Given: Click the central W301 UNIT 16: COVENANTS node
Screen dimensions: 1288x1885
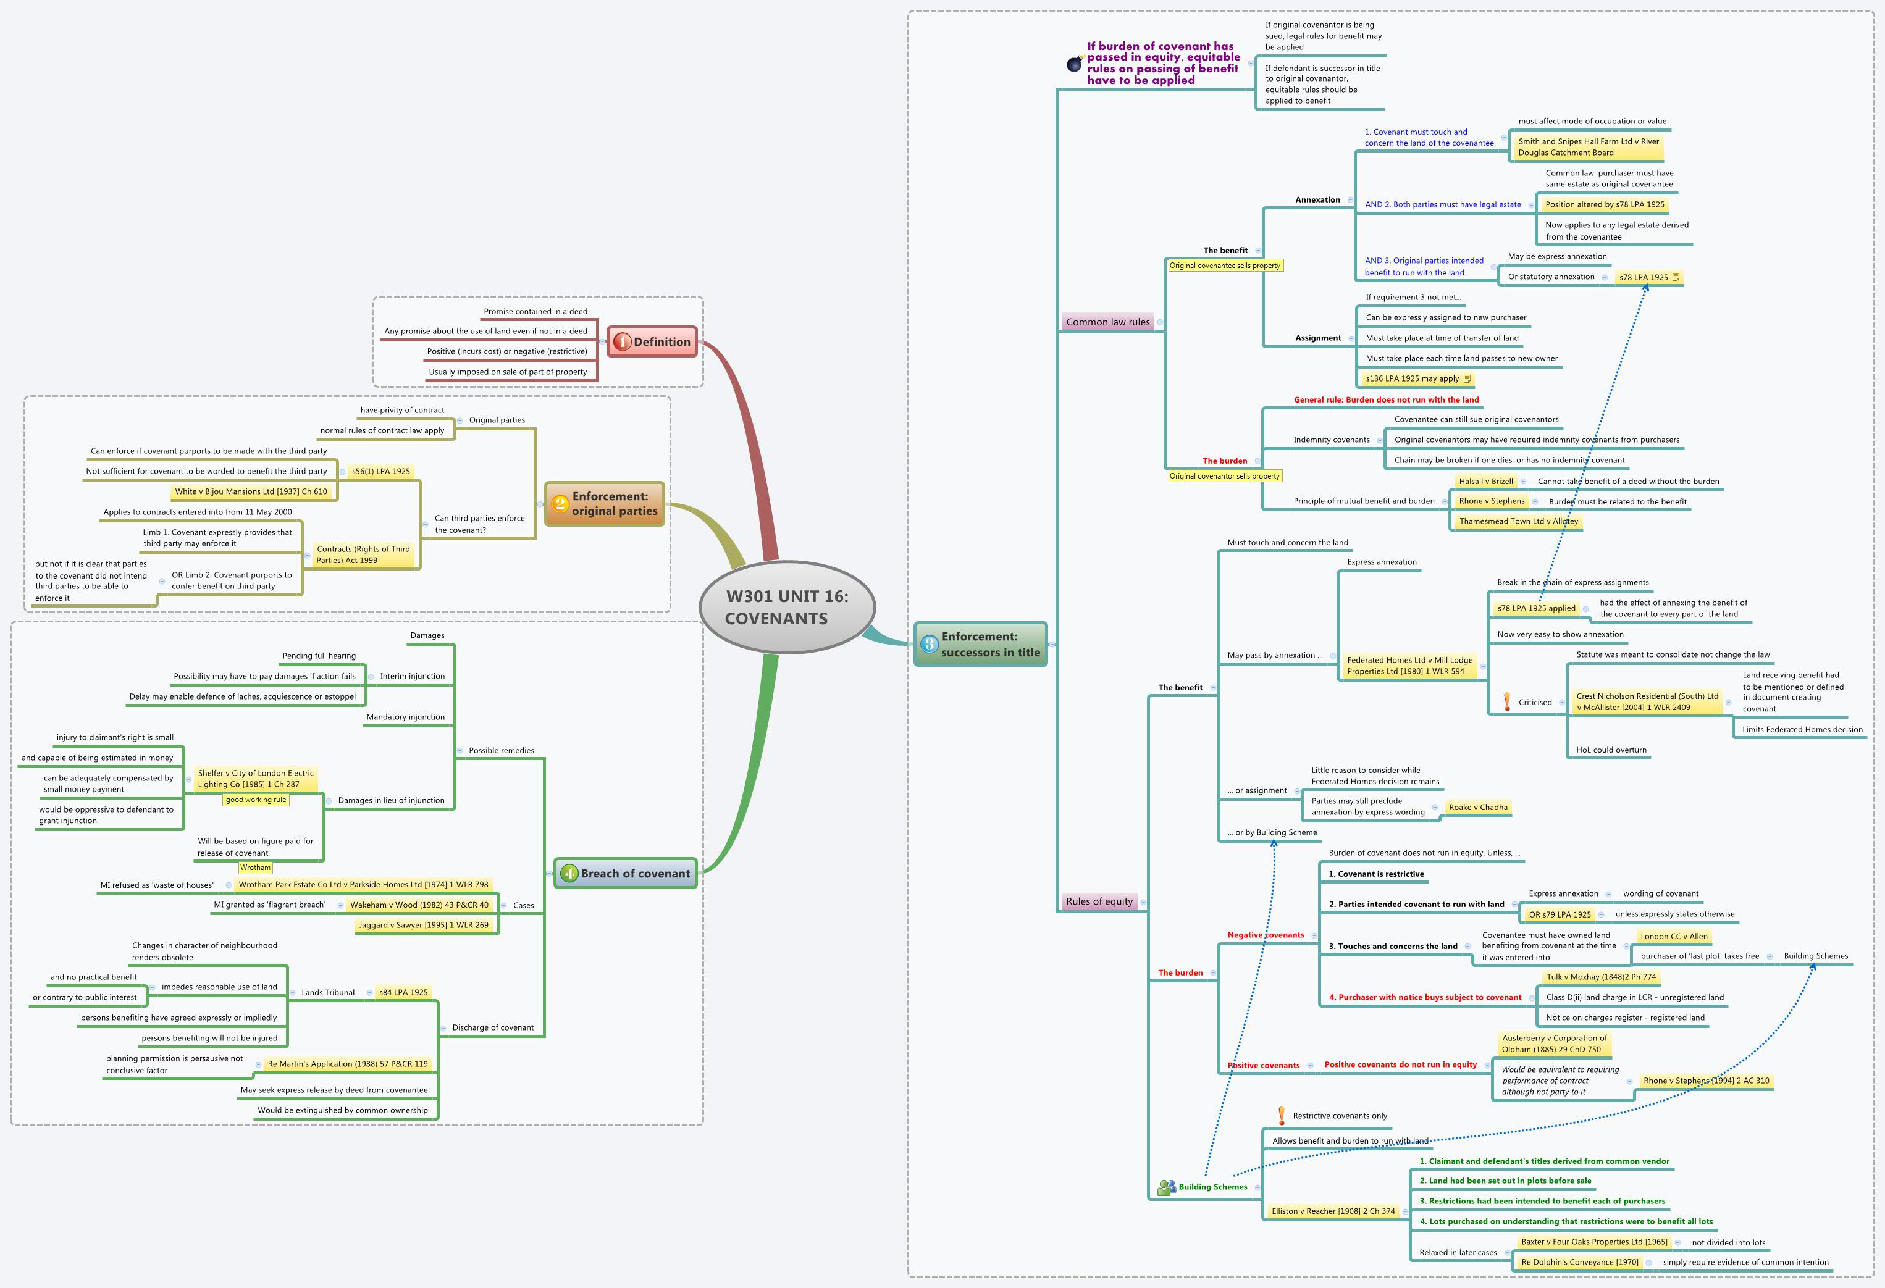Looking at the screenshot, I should tap(787, 607).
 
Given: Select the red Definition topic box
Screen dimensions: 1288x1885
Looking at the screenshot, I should tap(653, 342).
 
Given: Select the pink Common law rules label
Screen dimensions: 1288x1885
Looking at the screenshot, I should tap(1107, 322).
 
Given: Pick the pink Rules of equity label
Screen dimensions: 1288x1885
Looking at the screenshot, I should tap(1098, 901).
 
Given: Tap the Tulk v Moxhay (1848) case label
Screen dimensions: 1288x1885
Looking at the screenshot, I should tap(1600, 977).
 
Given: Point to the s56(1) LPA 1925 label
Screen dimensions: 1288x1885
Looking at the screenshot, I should tap(380, 471).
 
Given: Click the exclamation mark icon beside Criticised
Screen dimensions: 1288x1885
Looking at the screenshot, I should tap(1506, 701).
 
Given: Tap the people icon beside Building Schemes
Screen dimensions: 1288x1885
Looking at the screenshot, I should tap(1166, 1187).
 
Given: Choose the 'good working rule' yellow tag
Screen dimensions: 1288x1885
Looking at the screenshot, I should tap(256, 800).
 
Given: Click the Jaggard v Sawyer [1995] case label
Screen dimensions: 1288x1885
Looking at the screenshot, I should tap(424, 925).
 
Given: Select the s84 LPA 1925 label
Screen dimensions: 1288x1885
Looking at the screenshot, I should tap(403, 992).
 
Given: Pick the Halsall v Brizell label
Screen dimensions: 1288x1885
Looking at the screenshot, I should tap(1485, 481).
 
